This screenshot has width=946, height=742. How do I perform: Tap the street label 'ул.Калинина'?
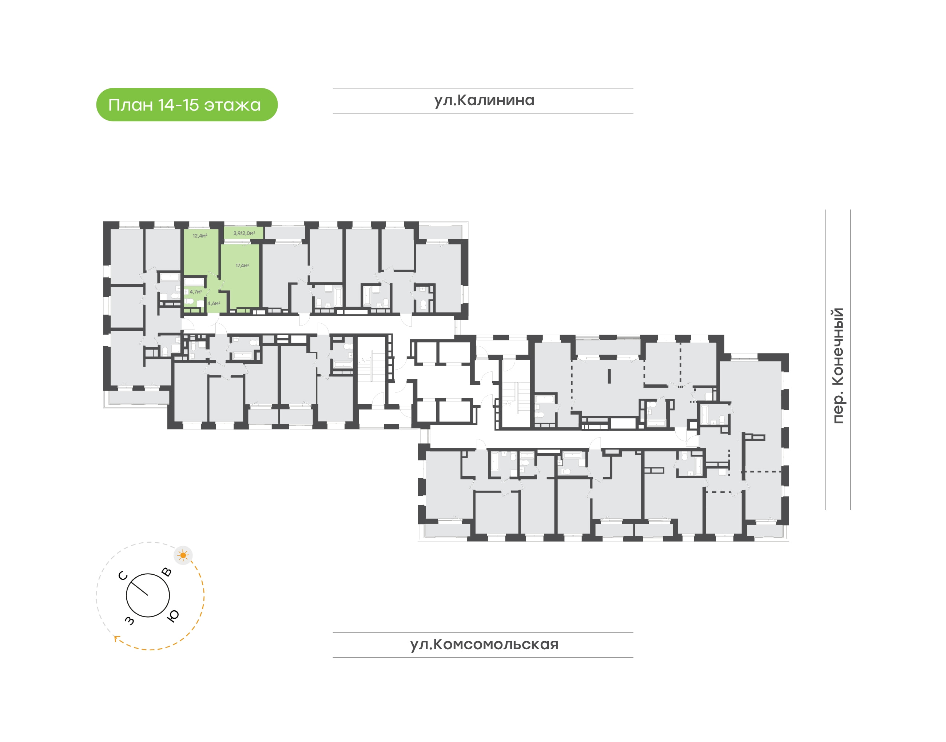[484, 100]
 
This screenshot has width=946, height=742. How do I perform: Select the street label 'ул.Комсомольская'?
[484, 644]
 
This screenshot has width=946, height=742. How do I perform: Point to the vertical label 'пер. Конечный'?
[837, 365]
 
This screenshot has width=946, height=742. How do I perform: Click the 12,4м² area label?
[200, 236]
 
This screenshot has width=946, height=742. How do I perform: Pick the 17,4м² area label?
[242, 266]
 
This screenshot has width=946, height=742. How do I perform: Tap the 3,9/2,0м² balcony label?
[244, 233]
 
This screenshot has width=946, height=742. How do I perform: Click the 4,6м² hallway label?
[214, 304]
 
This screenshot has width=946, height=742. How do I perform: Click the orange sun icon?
[183, 555]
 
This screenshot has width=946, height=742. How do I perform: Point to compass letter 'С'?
[123, 576]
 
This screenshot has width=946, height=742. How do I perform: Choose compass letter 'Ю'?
[173, 616]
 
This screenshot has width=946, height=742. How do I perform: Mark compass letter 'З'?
[130, 621]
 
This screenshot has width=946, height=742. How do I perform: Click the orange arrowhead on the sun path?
[116, 638]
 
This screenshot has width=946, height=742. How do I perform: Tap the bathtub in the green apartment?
[194, 281]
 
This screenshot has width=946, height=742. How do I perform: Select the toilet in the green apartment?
[190, 301]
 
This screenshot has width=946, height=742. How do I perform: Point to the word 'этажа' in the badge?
[232, 105]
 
